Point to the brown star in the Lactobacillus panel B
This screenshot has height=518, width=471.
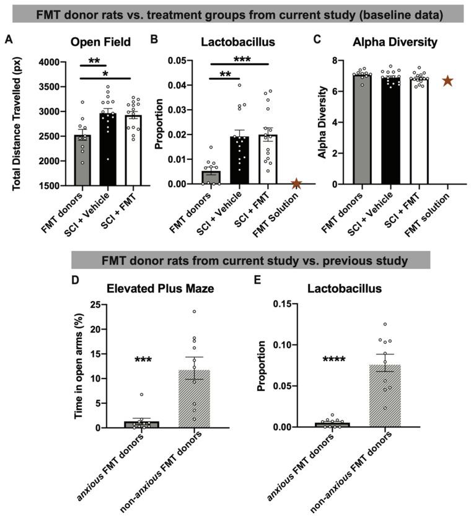296,183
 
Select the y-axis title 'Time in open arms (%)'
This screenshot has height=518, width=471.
79,366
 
